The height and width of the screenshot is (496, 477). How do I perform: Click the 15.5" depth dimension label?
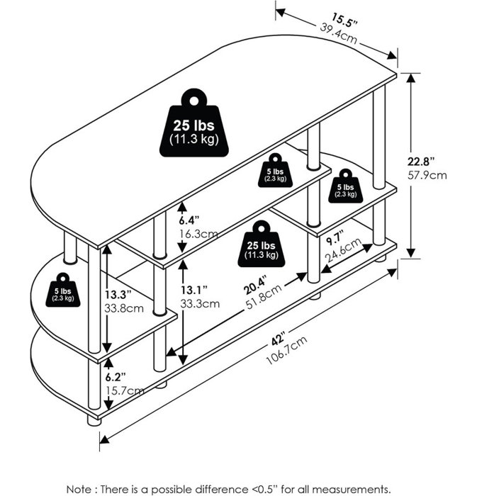(344, 21)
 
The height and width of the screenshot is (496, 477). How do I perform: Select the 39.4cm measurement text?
(339, 33)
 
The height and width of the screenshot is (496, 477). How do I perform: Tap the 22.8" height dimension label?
(420, 162)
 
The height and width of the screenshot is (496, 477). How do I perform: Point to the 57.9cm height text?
(427, 175)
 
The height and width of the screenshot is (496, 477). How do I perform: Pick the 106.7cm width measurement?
(286, 351)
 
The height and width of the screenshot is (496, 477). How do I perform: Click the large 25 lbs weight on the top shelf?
(194, 123)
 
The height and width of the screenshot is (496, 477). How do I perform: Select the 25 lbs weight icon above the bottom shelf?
(262, 244)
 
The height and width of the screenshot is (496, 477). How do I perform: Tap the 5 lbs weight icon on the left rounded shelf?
(63, 290)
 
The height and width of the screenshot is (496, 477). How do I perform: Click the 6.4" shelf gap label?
(189, 220)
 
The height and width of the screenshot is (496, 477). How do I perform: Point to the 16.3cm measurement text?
(198, 235)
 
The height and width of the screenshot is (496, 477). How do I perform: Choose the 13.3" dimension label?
(118, 295)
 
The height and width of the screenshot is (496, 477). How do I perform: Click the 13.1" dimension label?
(194, 289)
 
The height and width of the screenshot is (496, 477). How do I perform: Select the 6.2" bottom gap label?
(116, 377)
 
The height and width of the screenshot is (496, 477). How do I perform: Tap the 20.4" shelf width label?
(256, 285)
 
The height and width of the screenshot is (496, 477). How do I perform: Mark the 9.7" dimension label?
(335, 237)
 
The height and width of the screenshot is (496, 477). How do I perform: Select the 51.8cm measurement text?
(264, 298)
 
